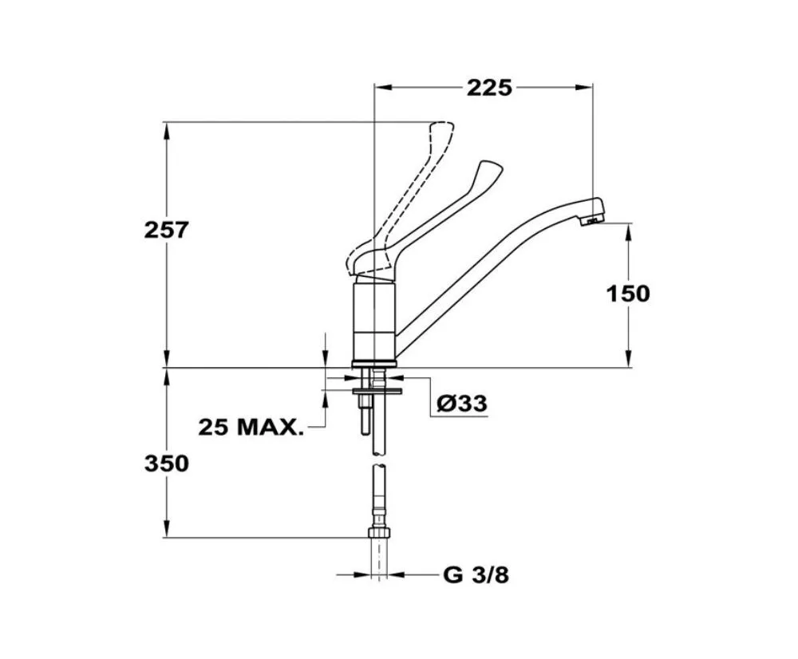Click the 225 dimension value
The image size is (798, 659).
click(x=489, y=88)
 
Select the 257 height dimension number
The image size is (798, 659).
click(x=167, y=230)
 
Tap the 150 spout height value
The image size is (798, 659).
click(x=628, y=294)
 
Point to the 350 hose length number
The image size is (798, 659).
click(x=167, y=464)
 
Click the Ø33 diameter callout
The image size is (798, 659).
click(x=461, y=404)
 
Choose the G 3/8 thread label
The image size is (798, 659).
click(x=476, y=575)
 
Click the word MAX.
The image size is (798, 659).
click(x=271, y=427)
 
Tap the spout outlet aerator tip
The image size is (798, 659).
click(x=593, y=220)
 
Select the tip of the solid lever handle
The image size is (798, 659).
click(x=492, y=167)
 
